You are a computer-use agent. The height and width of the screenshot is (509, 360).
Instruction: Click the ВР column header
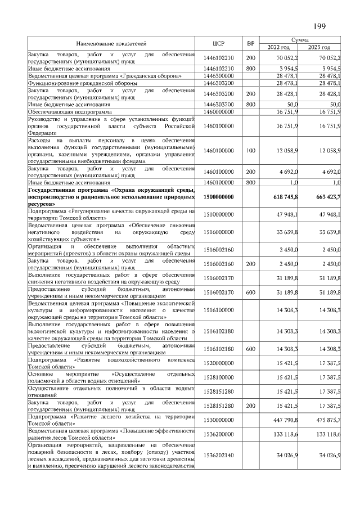[250, 43]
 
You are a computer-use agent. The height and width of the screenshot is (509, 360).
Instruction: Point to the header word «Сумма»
[303, 39]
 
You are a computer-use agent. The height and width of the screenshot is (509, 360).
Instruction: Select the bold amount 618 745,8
[285, 196]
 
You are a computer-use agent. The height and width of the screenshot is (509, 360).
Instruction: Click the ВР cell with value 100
[250, 151]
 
